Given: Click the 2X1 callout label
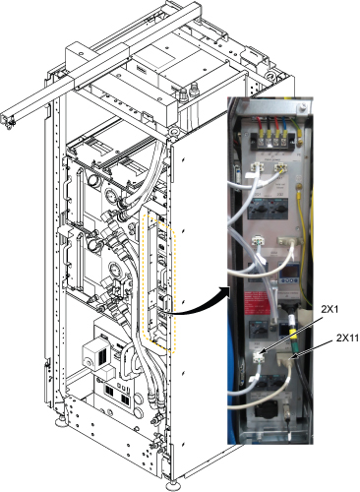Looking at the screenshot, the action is pyautogui.click(x=330, y=309).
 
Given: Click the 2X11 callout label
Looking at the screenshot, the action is pyautogui.click(x=347, y=338).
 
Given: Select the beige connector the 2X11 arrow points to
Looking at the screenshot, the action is pyautogui.click(x=285, y=358).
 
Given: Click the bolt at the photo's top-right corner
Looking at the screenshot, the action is pyautogui.click(x=303, y=106).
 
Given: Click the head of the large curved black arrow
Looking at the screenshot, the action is pyautogui.click(x=224, y=292).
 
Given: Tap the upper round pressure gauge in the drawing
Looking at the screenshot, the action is pyautogui.click(x=111, y=196).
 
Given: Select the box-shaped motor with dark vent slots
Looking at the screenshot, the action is pyautogui.click(x=96, y=353).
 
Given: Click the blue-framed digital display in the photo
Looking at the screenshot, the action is pyautogui.click(x=289, y=273).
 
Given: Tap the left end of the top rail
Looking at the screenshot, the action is pyautogui.click(x=7, y=120).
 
